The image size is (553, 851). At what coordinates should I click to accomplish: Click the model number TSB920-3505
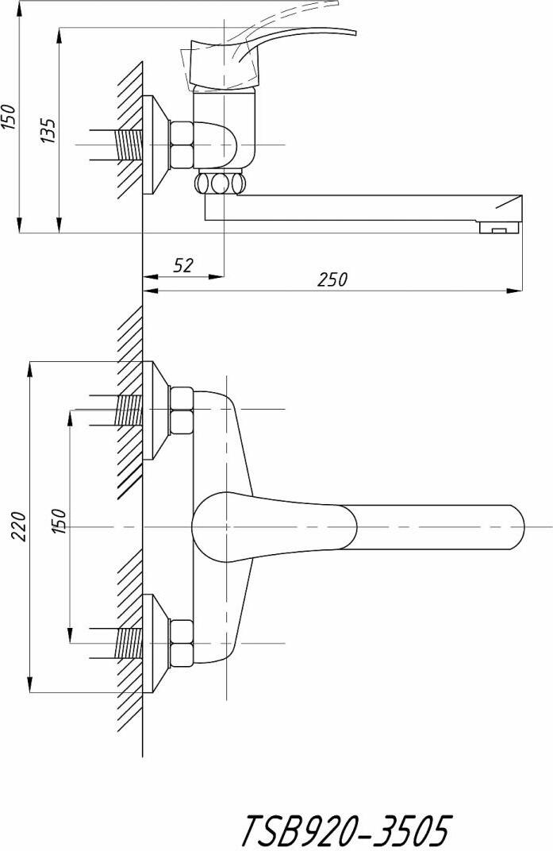tap(344, 830)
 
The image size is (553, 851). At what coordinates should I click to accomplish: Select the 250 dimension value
tap(332, 279)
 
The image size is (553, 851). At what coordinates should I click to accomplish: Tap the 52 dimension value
tap(183, 265)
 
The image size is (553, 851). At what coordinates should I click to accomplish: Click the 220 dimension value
tap(19, 526)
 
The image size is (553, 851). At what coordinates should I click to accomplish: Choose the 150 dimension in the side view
tap(9, 117)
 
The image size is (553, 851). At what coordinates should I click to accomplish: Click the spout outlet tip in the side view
tap(499, 229)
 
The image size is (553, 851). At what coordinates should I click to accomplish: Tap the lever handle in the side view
tap(294, 40)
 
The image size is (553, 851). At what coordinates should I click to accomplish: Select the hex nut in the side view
tap(182, 144)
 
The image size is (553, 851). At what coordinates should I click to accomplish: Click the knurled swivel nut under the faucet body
tap(221, 184)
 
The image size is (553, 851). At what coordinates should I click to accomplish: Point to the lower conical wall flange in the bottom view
tap(156, 644)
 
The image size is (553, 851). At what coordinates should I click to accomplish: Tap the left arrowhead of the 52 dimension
tap(148, 276)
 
